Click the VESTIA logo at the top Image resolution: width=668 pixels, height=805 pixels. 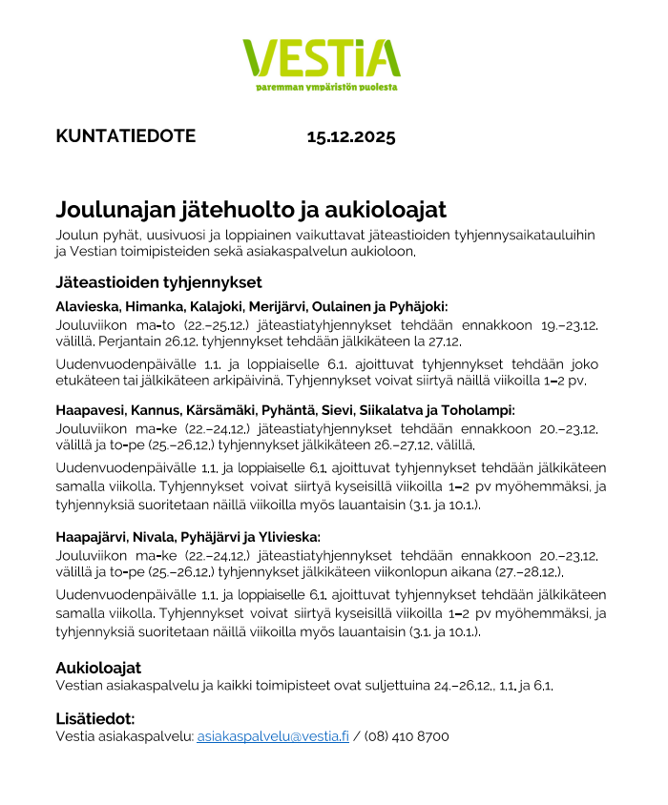[x=321, y=58]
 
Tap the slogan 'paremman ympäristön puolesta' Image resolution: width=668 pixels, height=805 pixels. [x=326, y=87]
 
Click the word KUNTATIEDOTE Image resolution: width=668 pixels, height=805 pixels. [x=125, y=136]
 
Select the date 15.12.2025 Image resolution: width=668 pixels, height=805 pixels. [x=350, y=136]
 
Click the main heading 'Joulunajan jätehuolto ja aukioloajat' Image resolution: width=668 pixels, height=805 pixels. [x=251, y=210]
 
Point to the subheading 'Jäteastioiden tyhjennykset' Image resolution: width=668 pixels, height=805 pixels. [x=158, y=282]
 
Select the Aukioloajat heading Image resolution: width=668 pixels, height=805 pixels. [x=98, y=668]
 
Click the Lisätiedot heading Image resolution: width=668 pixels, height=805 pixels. [x=94, y=718]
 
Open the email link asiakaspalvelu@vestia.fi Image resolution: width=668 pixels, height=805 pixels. [x=273, y=736]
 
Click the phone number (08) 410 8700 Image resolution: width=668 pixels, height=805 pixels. [x=407, y=736]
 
